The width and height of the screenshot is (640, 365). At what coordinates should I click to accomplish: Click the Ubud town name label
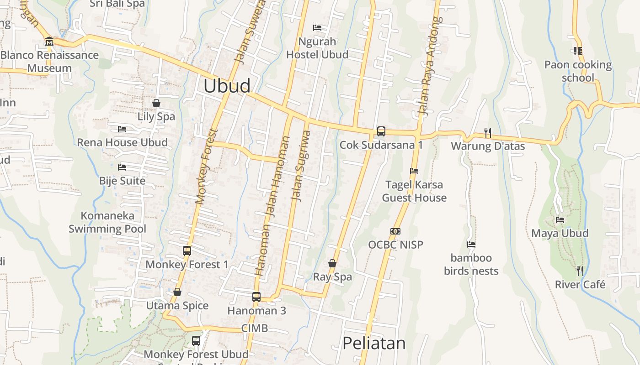pos(227,86)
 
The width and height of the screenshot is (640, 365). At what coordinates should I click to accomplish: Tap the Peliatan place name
pos(374,343)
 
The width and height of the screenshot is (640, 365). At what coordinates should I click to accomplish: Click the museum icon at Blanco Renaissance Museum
pos(49,42)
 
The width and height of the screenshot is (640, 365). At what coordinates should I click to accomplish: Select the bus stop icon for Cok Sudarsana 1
pos(381,131)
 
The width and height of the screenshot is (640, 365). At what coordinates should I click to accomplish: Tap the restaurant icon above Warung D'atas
pos(488,133)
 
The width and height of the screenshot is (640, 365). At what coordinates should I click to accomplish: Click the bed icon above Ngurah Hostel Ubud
pos(317,28)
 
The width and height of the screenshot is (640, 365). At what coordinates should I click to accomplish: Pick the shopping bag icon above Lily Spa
pos(156,103)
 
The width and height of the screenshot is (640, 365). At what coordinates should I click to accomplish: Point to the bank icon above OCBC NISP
pos(395,231)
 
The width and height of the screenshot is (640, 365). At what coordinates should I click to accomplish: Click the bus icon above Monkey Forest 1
pos(187,250)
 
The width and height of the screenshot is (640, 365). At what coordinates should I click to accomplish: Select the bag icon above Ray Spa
pos(332,263)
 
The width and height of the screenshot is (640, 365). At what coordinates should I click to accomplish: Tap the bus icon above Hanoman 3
pos(256,297)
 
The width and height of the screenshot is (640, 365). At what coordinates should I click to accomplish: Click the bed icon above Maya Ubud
pos(560,220)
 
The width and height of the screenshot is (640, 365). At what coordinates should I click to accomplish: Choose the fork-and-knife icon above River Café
pos(580,271)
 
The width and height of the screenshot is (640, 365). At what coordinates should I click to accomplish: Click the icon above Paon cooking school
pos(577,51)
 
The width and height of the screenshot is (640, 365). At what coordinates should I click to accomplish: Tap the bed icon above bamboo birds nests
pos(471,245)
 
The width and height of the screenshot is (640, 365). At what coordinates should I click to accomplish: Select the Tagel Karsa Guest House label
pos(414,191)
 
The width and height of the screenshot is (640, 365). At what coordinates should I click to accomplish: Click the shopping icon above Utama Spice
pos(177,292)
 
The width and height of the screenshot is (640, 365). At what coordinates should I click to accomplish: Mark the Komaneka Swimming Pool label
pos(107,222)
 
